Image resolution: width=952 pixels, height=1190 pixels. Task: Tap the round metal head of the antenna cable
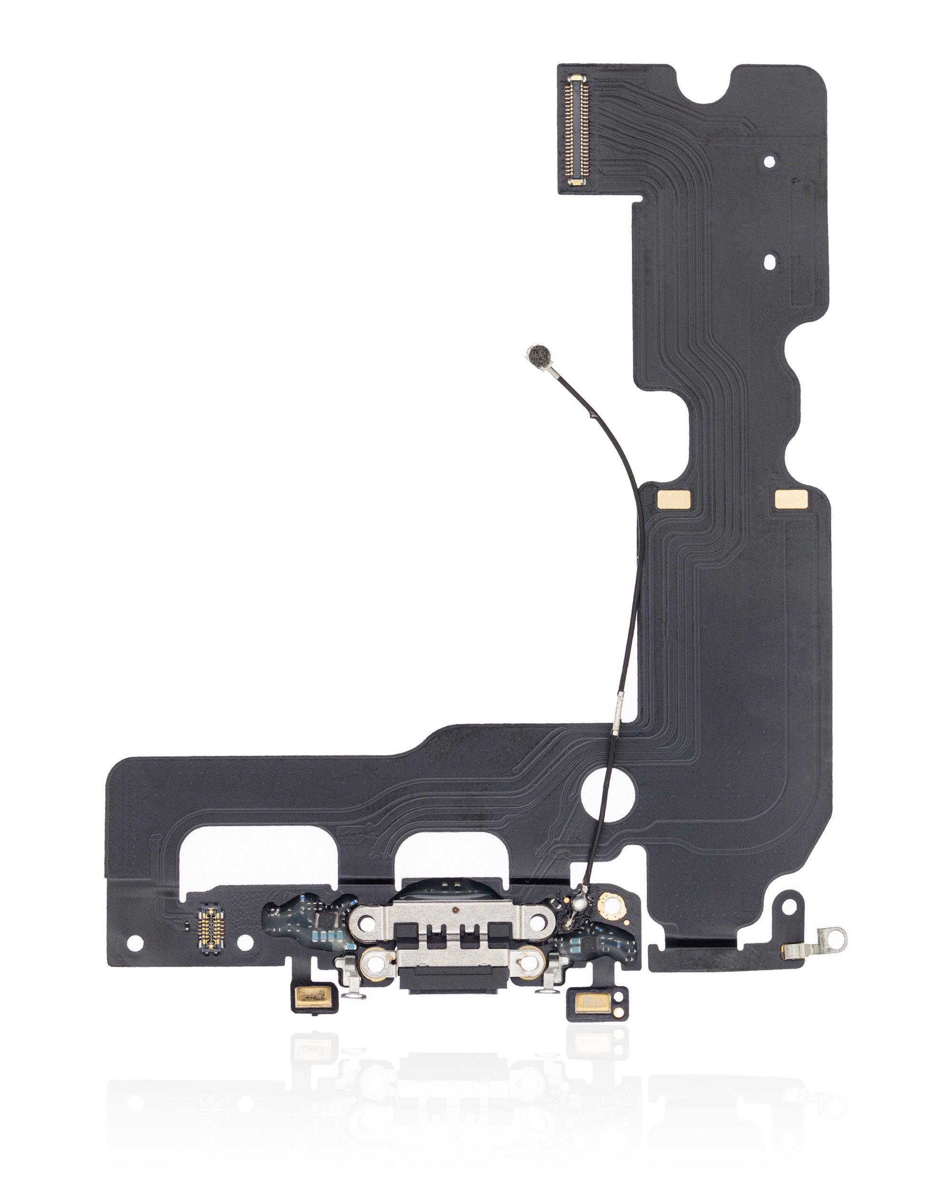coord(539,357)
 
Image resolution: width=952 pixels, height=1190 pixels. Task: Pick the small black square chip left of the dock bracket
coord(324,919)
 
